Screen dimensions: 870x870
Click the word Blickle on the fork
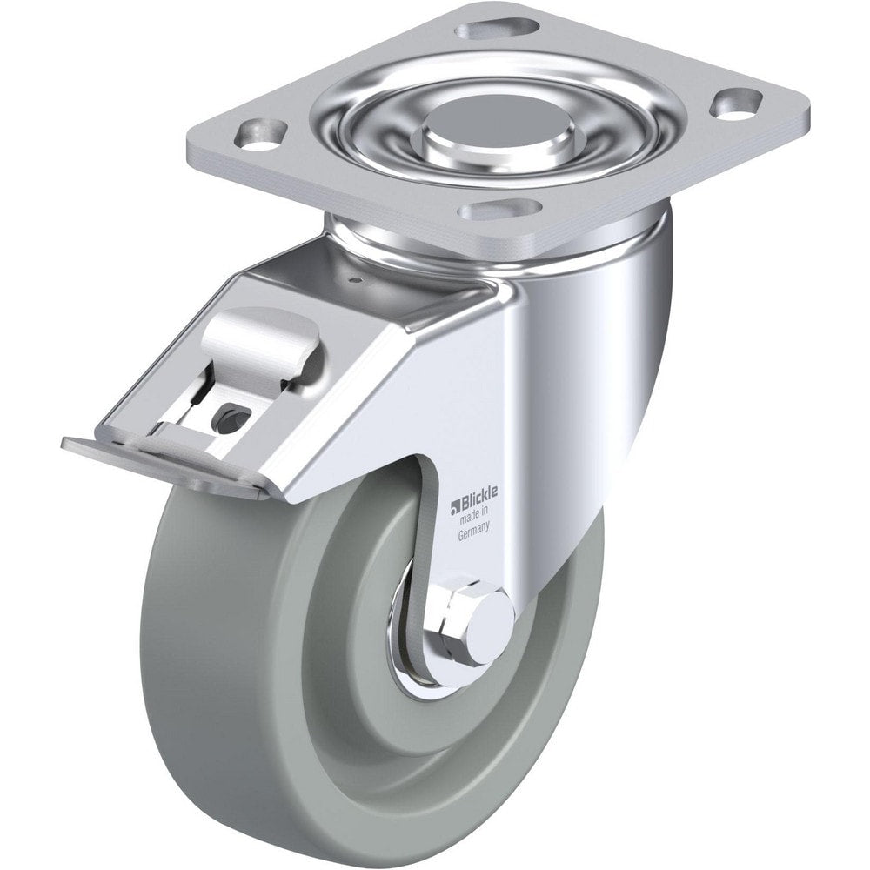pyautogui.click(x=478, y=505)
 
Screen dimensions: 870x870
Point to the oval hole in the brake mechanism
pyautogui.click(x=228, y=421)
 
